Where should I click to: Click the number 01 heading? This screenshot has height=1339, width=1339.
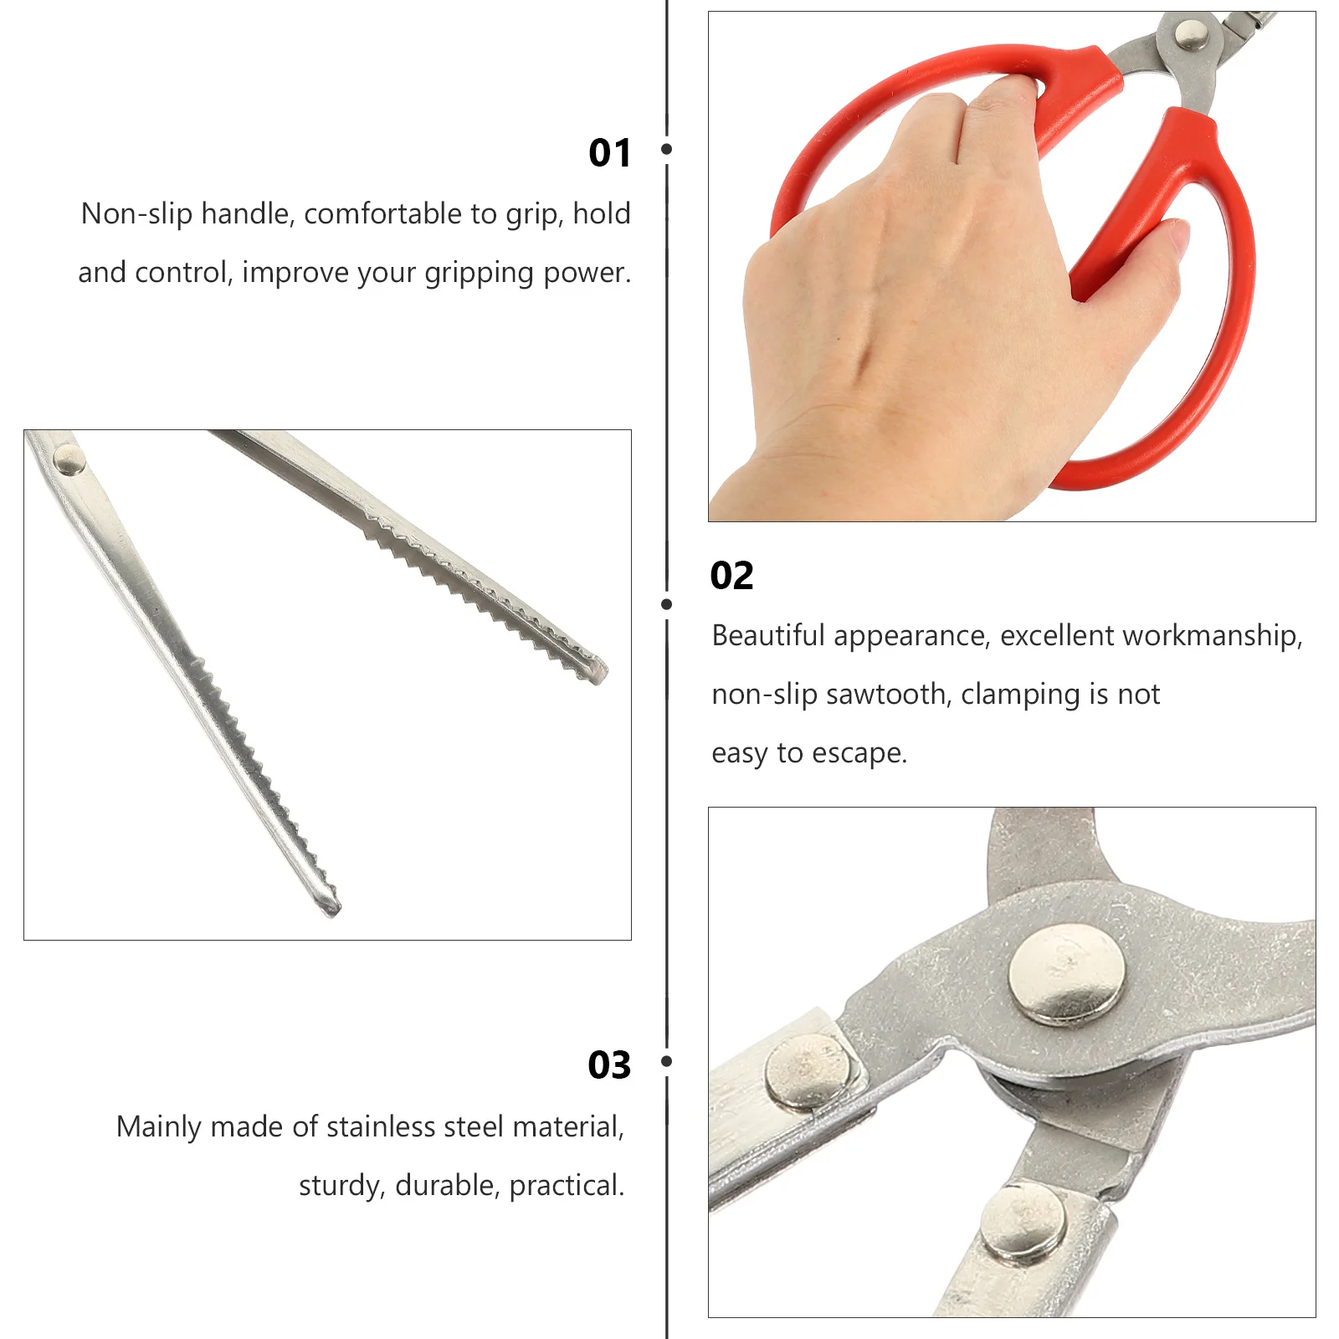coord(609,153)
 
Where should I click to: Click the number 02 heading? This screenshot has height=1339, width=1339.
coord(731,576)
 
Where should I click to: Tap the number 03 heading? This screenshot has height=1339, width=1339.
coord(609,1065)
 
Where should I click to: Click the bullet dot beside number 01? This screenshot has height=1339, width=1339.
coord(667,149)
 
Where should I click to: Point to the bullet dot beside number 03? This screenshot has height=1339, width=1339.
coord(667,1061)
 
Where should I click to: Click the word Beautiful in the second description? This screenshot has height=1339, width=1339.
coord(767,636)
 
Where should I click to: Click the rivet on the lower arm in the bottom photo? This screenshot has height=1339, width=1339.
coord(1023,1224)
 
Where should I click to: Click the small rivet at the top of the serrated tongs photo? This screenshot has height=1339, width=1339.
coord(69,459)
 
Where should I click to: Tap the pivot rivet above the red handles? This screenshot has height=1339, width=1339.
coord(1191,35)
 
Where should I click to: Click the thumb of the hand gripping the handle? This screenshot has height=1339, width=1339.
coord(1167,238)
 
